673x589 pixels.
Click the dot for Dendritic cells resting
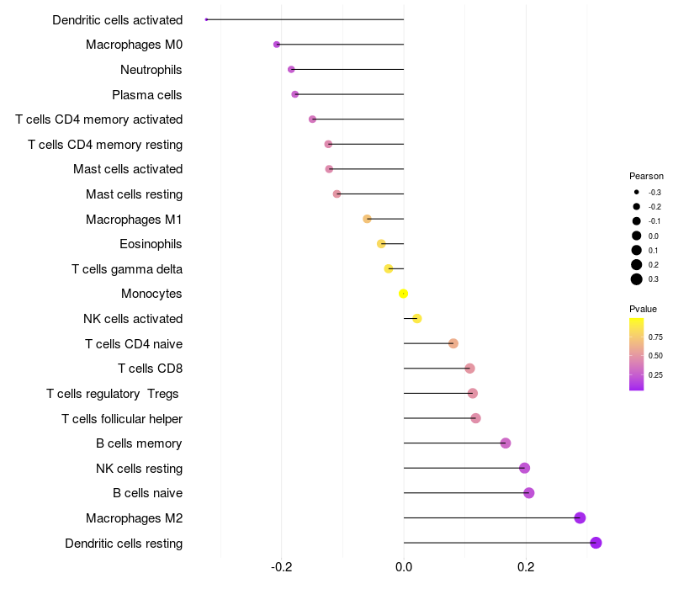pyautogui.click(x=596, y=543)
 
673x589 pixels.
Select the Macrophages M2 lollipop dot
pyautogui.click(x=580, y=517)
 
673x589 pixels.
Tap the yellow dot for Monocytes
pyautogui.click(x=404, y=294)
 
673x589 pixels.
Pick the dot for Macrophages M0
pyautogui.click(x=277, y=45)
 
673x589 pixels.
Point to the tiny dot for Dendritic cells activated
pyautogui.click(x=206, y=19)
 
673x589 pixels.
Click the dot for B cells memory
pyautogui.click(x=506, y=443)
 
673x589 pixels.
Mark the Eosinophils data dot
pyautogui.click(x=381, y=244)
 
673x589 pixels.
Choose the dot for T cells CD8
pyautogui.click(x=469, y=369)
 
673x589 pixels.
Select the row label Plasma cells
pyautogui.click(x=147, y=95)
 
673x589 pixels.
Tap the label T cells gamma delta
pyautogui.click(x=127, y=269)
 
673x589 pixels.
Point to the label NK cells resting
pyautogui.click(x=139, y=469)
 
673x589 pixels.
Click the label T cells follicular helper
pyautogui.click(x=122, y=419)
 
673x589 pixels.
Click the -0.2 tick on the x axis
pyautogui.click(x=281, y=567)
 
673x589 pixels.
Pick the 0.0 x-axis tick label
pyautogui.click(x=404, y=567)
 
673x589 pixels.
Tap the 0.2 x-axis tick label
pyautogui.click(x=526, y=567)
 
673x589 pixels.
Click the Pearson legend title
pyautogui.click(x=646, y=177)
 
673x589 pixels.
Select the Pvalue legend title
pyautogui.click(x=643, y=309)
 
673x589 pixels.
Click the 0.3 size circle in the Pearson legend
pyautogui.click(x=637, y=279)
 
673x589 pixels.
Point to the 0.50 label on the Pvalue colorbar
pyautogui.click(x=655, y=356)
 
